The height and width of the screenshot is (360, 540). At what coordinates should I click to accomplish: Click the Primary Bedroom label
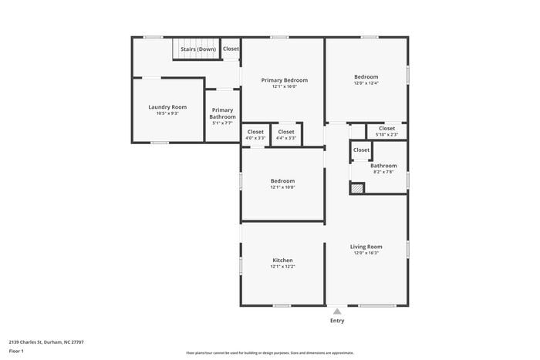(x=284, y=80)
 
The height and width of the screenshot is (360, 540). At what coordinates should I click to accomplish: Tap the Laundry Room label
(x=167, y=107)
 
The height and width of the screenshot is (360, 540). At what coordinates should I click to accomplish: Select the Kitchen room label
(x=282, y=261)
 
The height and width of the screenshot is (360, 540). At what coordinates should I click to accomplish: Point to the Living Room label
(x=368, y=247)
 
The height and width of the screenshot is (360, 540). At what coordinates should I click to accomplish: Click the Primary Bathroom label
(x=222, y=113)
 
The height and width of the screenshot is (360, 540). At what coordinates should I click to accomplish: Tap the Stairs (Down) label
(x=198, y=49)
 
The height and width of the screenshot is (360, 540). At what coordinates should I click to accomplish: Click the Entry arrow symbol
(x=337, y=311)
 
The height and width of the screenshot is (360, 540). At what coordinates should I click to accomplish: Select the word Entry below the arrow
(x=337, y=321)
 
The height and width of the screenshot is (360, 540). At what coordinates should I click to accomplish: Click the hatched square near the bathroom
(x=356, y=187)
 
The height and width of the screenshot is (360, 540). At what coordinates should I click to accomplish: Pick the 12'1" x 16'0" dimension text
(x=284, y=87)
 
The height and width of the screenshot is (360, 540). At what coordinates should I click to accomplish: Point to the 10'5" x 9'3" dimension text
(x=167, y=114)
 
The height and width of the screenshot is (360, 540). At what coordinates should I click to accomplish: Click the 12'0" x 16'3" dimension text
(x=368, y=254)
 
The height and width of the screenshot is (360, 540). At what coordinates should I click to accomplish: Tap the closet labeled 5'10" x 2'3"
(x=386, y=131)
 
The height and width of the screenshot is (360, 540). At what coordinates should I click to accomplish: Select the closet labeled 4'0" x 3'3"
(x=255, y=134)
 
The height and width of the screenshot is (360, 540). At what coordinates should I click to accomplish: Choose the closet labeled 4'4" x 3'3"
(x=286, y=134)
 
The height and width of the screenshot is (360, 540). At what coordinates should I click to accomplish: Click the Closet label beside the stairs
(x=231, y=49)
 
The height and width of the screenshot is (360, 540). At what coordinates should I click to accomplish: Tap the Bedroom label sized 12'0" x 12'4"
(x=366, y=76)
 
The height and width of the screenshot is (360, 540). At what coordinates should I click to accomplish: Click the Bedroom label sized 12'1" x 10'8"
(x=282, y=180)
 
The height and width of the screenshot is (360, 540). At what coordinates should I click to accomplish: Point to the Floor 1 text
(x=17, y=351)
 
